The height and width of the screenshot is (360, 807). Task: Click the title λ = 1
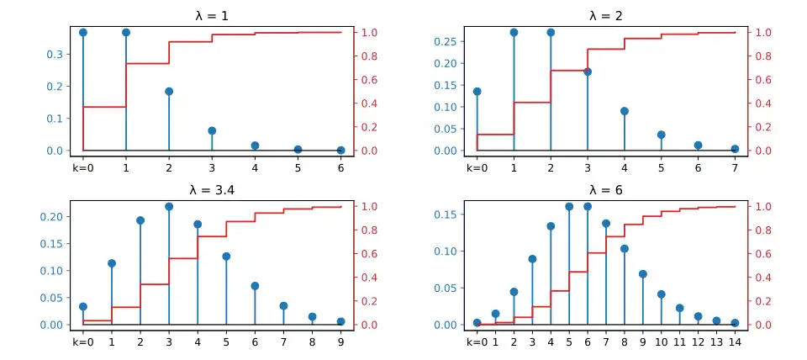[212, 15]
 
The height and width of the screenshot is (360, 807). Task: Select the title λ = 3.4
[212, 190]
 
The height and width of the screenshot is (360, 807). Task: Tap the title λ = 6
[605, 190]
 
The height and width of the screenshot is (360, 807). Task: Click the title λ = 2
[605, 15]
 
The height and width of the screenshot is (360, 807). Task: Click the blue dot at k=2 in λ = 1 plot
[169, 91]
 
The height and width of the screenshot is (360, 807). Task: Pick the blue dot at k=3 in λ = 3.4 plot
[169, 206]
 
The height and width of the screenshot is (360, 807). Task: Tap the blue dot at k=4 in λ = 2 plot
[625, 111]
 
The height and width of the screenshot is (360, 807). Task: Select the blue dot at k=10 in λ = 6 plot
[661, 294]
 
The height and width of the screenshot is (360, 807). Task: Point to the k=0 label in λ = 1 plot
[82, 167]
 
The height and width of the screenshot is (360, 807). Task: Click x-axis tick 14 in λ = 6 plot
[735, 342]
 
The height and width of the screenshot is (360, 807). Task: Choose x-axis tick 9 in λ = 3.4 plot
[340, 342]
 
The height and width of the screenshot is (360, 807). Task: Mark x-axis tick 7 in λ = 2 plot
[735, 167]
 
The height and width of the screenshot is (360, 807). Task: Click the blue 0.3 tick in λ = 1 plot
[55, 55]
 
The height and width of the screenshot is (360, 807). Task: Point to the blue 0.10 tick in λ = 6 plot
[446, 251]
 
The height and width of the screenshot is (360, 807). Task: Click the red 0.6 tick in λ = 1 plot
[369, 80]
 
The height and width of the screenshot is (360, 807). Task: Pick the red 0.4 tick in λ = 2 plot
[762, 103]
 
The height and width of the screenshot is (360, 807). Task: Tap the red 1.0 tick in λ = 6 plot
[762, 207]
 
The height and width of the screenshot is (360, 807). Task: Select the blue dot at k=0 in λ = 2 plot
[477, 91]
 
